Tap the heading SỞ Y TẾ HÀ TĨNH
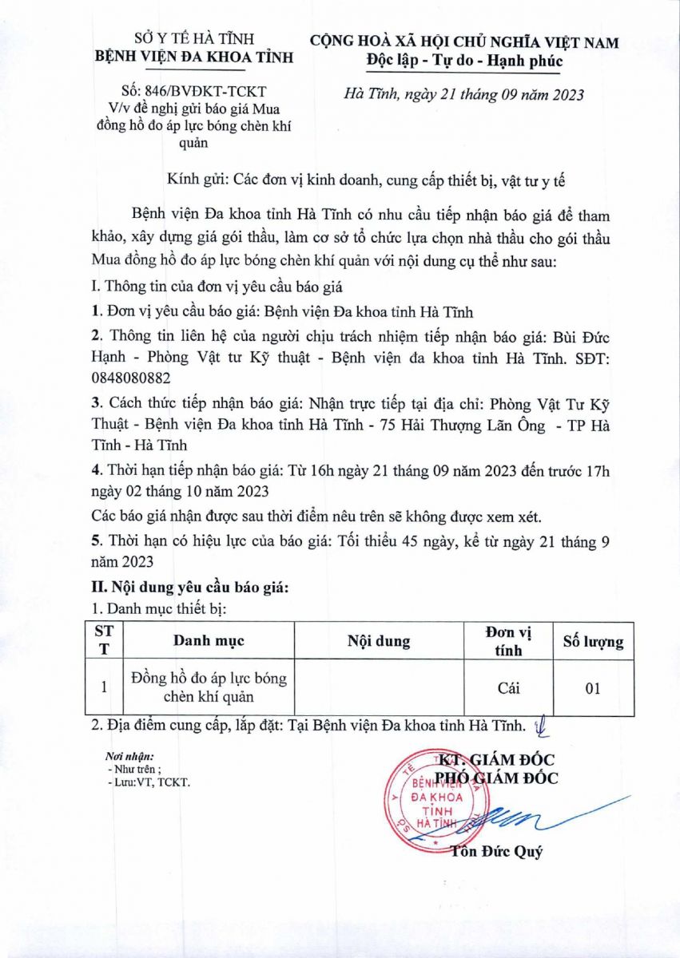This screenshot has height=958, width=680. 193,38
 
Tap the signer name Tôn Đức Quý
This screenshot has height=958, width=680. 496,851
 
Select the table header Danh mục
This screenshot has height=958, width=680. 209,641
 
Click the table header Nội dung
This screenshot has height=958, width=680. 379,641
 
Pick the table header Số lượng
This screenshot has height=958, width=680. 593,641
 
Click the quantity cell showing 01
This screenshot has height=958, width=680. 592,687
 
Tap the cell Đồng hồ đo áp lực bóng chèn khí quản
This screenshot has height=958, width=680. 209,687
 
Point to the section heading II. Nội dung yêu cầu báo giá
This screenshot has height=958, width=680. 190,587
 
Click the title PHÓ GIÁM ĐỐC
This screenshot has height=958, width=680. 496,778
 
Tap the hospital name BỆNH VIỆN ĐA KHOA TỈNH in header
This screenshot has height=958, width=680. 193,57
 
